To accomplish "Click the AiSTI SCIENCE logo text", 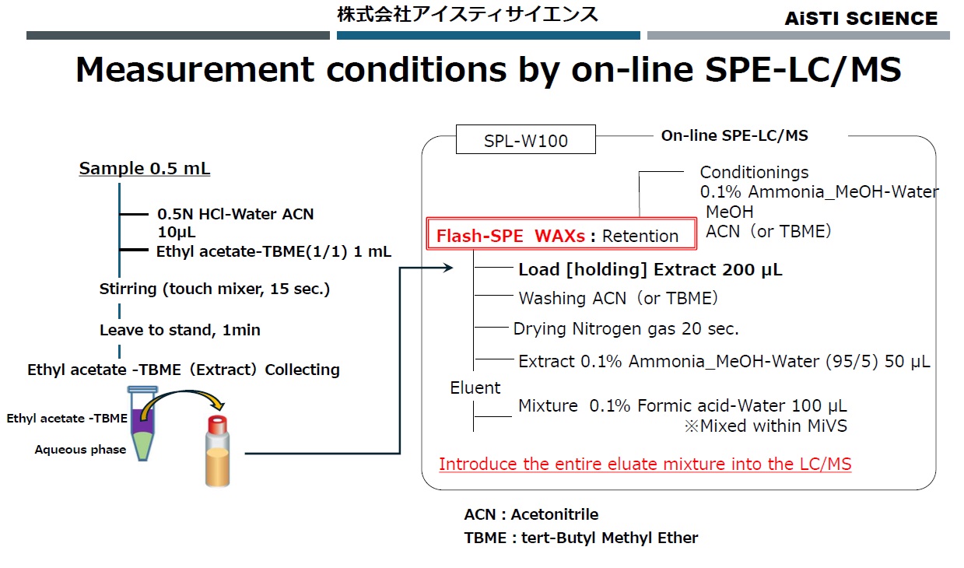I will click(861, 18).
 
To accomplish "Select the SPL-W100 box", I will click(526, 141).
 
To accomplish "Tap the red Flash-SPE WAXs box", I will click(560, 235).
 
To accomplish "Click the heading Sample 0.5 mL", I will click(145, 169).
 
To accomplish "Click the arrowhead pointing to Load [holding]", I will click(447, 268).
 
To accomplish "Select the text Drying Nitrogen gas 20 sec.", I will click(626, 329).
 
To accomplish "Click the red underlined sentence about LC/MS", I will click(645, 465).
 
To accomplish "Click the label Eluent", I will click(475, 387).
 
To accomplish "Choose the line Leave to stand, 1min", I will click(180, 330).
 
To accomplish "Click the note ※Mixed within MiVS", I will click(765, 426).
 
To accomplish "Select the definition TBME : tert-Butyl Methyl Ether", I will click(580, 538).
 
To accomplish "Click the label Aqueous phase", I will click(80, 449).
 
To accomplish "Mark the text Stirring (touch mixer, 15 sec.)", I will click(215, 289).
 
